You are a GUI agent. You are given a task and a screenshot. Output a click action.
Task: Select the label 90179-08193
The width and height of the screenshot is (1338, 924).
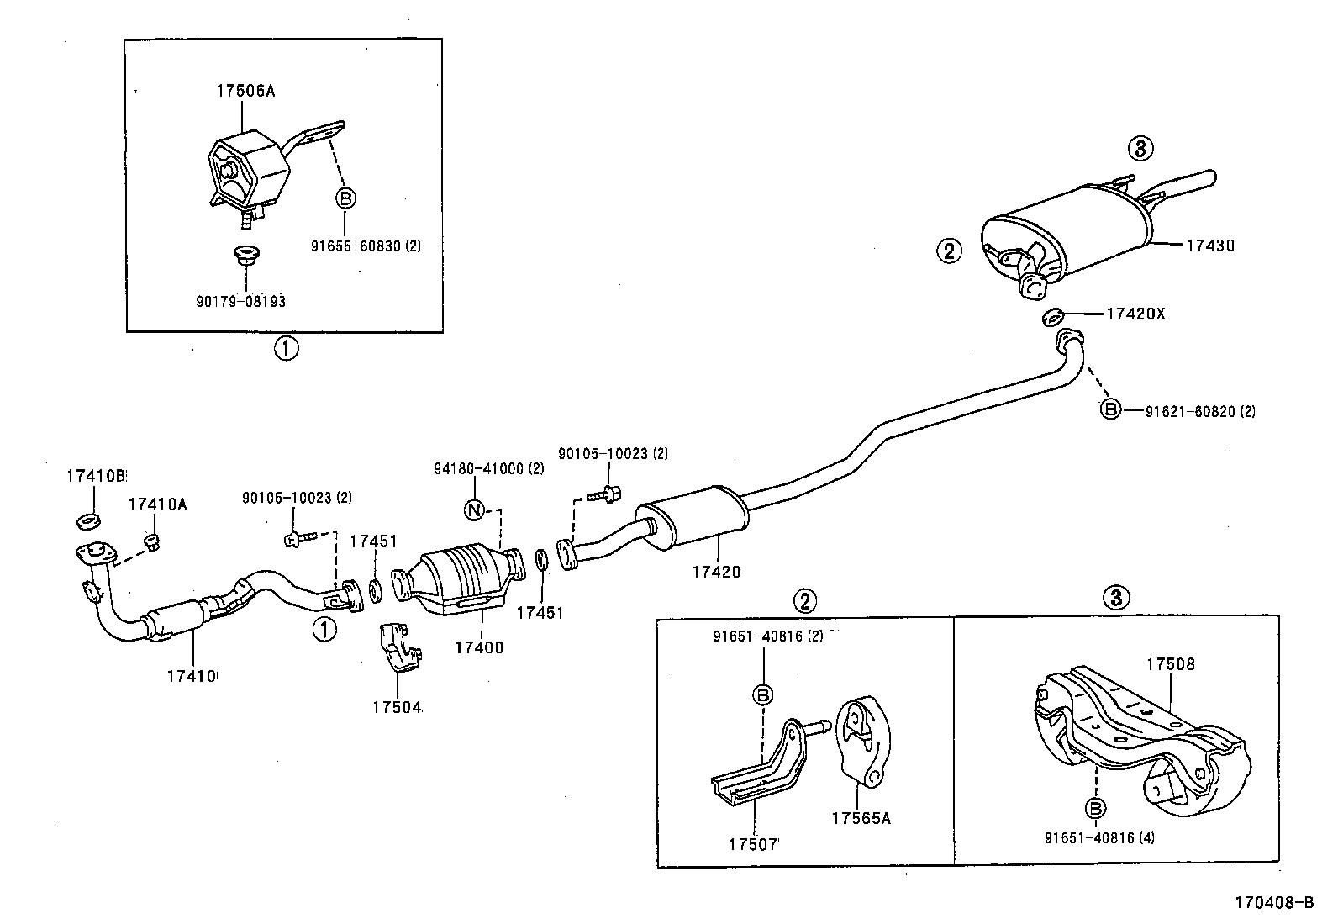click(240, 301)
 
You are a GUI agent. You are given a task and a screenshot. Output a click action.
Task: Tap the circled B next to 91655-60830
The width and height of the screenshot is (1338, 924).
click(345, 198)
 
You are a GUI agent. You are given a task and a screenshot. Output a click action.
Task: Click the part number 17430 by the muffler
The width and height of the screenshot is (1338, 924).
click(1210, 246)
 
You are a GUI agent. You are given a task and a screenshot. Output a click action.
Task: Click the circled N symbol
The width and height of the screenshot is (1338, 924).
click(475, 510)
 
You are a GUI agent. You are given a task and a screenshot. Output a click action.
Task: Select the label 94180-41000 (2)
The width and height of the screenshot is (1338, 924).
click(489, 468)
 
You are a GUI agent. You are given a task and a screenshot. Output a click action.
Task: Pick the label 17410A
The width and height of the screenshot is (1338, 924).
click(157, 504)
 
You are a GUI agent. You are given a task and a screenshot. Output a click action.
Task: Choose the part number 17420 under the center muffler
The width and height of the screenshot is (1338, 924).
click(716, 572)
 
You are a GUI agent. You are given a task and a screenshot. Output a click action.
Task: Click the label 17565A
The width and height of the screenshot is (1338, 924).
click(861, 816)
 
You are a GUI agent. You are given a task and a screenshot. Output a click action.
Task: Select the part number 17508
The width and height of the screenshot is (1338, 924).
click(1171, 664)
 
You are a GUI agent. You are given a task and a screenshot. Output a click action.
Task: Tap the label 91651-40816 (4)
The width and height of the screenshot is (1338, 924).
click(1099, 837)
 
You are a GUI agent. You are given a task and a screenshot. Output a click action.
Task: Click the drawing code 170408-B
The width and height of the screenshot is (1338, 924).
click(1272, 903)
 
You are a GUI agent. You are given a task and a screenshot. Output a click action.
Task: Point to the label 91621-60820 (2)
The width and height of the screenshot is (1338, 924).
click(1200, 411)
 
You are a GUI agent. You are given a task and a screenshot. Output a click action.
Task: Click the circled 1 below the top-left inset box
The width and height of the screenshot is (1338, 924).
click(286, 348)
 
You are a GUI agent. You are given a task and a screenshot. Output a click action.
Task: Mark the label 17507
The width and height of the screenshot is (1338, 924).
click(754, 842)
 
